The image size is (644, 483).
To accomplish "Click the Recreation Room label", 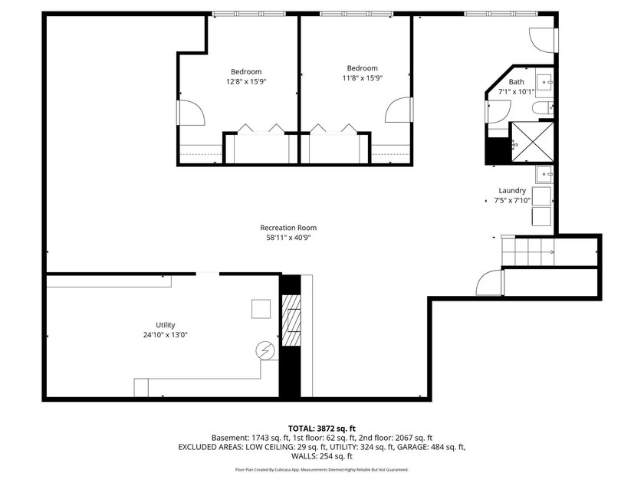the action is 288,228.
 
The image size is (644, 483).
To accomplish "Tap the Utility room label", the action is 165,325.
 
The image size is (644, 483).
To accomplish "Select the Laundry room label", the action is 512,191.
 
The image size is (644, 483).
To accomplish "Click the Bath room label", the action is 516,82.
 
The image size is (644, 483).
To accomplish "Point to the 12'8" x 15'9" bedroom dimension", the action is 246,81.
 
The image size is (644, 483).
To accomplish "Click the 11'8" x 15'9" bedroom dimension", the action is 362,78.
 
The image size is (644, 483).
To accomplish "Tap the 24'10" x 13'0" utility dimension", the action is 165,335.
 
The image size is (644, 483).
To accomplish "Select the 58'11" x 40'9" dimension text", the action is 288,238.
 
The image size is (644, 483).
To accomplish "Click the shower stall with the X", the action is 532,142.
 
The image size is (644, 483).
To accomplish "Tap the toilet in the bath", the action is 543,108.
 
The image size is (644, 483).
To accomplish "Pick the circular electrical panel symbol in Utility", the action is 265,351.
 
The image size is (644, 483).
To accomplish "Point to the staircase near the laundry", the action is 528,251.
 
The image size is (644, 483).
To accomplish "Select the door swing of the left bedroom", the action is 192,112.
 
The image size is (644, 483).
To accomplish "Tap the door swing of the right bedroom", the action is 399,110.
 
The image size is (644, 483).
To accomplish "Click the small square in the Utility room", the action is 261,309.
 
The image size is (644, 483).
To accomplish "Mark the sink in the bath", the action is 544,83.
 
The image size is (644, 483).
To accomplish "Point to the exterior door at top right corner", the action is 543,40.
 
